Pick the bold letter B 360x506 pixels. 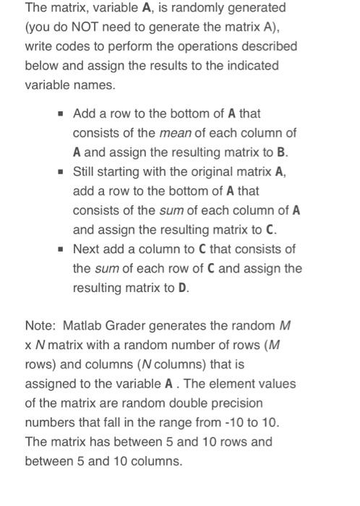[283, 153]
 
